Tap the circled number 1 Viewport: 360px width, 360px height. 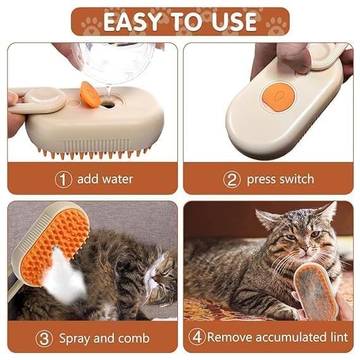63,179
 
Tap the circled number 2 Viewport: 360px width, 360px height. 232,179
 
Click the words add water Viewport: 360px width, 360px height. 105,179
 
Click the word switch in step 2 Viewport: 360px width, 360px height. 294,179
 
